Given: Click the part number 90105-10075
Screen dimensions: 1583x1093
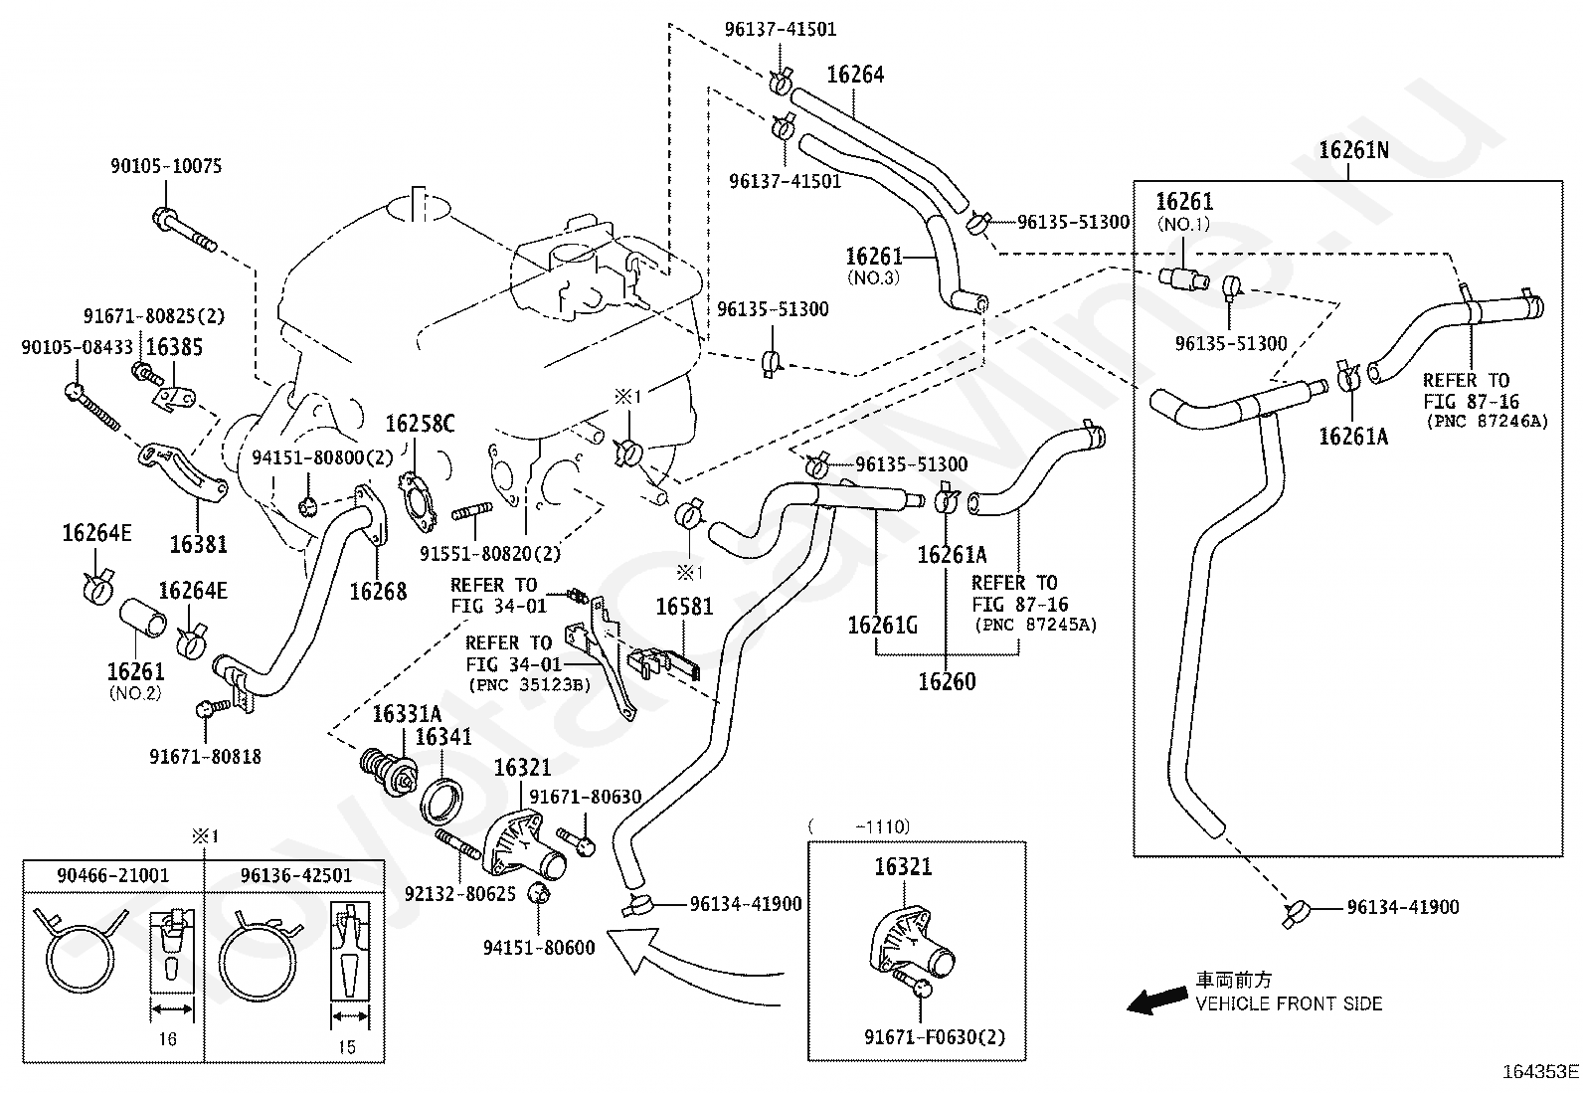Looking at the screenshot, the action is pyautogui.click(x=166, y=166).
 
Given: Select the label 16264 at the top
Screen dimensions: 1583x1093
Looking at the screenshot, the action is pyautogui.click(x=855, y=75).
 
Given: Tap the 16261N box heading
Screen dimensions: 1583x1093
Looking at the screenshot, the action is pyautogui.click(x=1353, y=150).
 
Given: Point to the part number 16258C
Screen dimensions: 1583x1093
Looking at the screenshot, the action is pyautogui.click(x=420, y=424).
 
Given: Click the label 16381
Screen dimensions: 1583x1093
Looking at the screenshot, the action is pyautogui.click(x=199, y=544).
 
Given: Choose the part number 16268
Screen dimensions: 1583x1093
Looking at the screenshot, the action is pyautogui.click(x=378, y=591).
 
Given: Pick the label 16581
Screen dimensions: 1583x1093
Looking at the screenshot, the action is pyautogui.click(x=684, y=607).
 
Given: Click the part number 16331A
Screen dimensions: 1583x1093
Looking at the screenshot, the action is pyautogui.click(x=407, y=714).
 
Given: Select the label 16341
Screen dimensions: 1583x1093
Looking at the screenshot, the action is pyautogui.click(x=443, y=737).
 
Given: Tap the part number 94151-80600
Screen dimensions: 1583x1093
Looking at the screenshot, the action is pyautogui.click(x=539, y=948).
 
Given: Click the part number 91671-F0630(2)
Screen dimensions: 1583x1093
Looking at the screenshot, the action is pyautogui.click(x=935, y=1037).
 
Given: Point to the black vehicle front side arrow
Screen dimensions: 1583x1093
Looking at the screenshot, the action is pyautogui.click(x=1156, y=1000).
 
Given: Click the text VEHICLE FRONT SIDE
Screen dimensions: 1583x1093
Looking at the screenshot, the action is pyautogui.click(x=1289, y=1003).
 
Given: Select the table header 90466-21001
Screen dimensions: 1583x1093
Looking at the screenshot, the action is pyautogui.click(x=113, y=875).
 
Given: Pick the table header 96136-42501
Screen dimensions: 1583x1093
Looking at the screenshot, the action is pyautogui.click(x=296, y=875).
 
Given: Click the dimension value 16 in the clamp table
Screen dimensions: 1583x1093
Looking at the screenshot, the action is pyautogui.click(x=167, y=1038).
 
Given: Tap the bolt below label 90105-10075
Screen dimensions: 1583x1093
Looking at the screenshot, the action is pyautogui.click(x=184, y=230).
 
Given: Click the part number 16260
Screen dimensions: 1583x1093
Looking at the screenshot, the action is pyautogui.click(x=947, y=681).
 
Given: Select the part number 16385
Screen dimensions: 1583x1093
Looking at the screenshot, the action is pyautogui.click(x=174, y=347).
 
